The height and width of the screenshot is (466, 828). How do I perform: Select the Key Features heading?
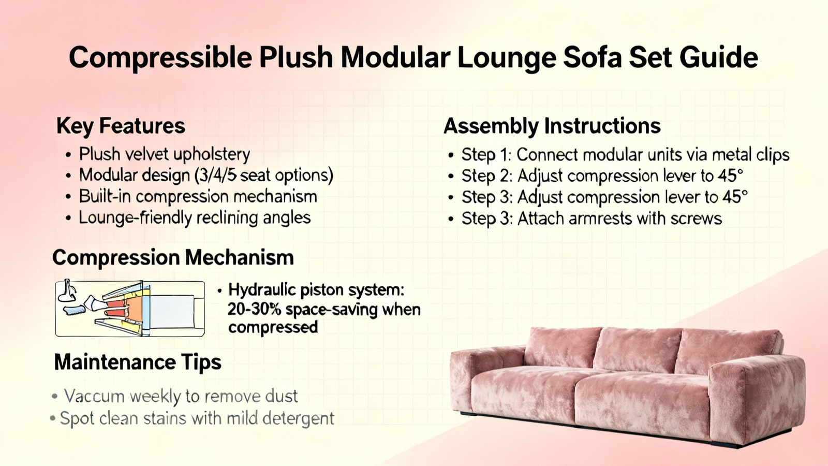[121, 126]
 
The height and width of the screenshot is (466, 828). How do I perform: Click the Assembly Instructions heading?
[552, 126]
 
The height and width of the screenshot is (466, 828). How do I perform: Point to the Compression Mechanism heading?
[173, 257]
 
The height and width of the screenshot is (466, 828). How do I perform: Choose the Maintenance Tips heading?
[138, 362]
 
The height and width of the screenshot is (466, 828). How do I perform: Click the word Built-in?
[106, 196]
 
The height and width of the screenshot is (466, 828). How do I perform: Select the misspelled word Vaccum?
[94, 396]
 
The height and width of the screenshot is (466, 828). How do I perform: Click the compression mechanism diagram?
[130, 309]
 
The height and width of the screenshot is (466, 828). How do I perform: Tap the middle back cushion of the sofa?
[638, 349]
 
